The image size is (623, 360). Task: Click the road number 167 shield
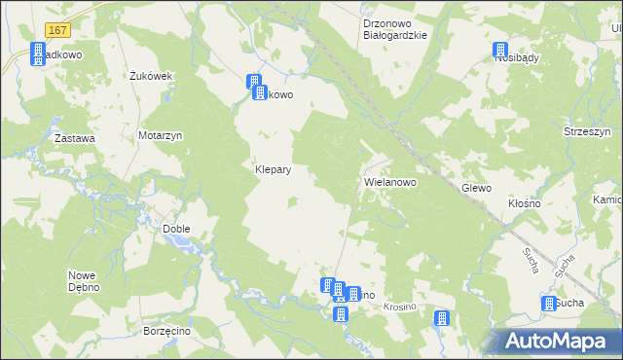click(x=30, y=32)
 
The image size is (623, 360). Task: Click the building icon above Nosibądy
click(x=500, y=51)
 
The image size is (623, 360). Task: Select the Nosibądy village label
click(x=517, y=58)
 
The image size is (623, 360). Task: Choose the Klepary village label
click(x=274, y=168)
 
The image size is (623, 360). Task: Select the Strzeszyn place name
click(x=586, y=130)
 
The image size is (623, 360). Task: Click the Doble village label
click(x=176, y=229)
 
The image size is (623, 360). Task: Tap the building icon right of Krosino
click(x=442, y=318)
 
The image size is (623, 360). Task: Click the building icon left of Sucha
click(x=548, y=305)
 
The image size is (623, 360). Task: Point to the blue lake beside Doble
click(x=186, y=244)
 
